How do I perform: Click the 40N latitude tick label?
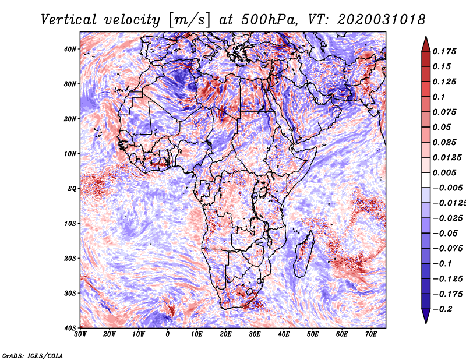coord(70,49)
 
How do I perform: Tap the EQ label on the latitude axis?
coord(71,189)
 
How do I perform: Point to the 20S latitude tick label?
coord(70,258)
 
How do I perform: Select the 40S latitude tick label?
coord(70,328)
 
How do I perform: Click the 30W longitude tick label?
coord(80,334)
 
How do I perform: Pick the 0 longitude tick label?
coord(168,334)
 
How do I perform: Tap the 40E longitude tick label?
coord(284,334)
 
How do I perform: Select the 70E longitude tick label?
coord(371,334)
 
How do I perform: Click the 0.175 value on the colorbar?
coord(444,51)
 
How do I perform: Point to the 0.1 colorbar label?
coord(439,97)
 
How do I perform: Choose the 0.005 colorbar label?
coord(444,172)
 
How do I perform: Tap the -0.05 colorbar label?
coord(445,234)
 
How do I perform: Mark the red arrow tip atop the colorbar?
coord(426,37)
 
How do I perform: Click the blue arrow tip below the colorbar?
coord(426,323)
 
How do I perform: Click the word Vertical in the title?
coord(69,20)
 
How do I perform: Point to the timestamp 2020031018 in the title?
coord(382,20)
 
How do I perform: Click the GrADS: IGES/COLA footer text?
coord(33,356)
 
